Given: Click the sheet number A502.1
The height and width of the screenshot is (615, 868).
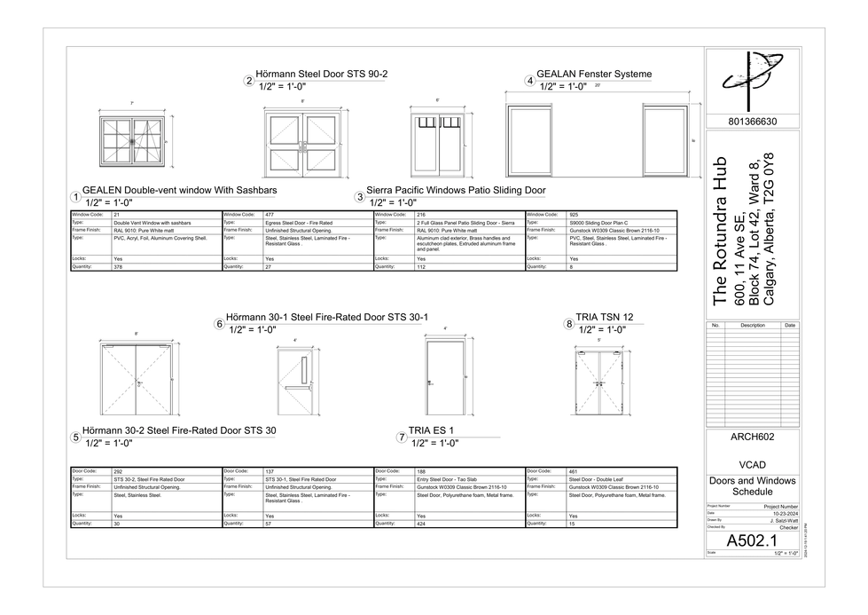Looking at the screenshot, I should [x=752, y=540].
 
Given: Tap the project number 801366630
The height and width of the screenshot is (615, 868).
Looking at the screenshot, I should [x=752, y=122].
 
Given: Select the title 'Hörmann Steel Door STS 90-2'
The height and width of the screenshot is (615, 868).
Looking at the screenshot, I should [x=321, y=75].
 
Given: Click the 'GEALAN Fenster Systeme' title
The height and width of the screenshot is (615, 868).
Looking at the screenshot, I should [x=594, y=75].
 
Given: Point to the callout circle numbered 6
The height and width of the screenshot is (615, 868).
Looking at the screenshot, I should [x=219, y=325].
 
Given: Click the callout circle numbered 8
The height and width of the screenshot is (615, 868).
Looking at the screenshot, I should [x=569, y=325].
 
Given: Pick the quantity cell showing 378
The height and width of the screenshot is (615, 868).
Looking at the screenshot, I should [x=118, y=266].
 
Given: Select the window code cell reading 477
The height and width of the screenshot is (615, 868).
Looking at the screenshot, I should [x=270, y=215].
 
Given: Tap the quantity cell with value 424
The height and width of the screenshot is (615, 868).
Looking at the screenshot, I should [x=421, y=524].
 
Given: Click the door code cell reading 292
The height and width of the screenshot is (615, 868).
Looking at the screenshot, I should [x=118, y=471].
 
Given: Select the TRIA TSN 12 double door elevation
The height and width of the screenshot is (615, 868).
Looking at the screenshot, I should [x=599, y=380].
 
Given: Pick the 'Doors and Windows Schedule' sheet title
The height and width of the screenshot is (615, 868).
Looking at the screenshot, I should [x=752, y=486].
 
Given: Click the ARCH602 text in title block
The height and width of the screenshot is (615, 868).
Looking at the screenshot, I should [x=752, y=437].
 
